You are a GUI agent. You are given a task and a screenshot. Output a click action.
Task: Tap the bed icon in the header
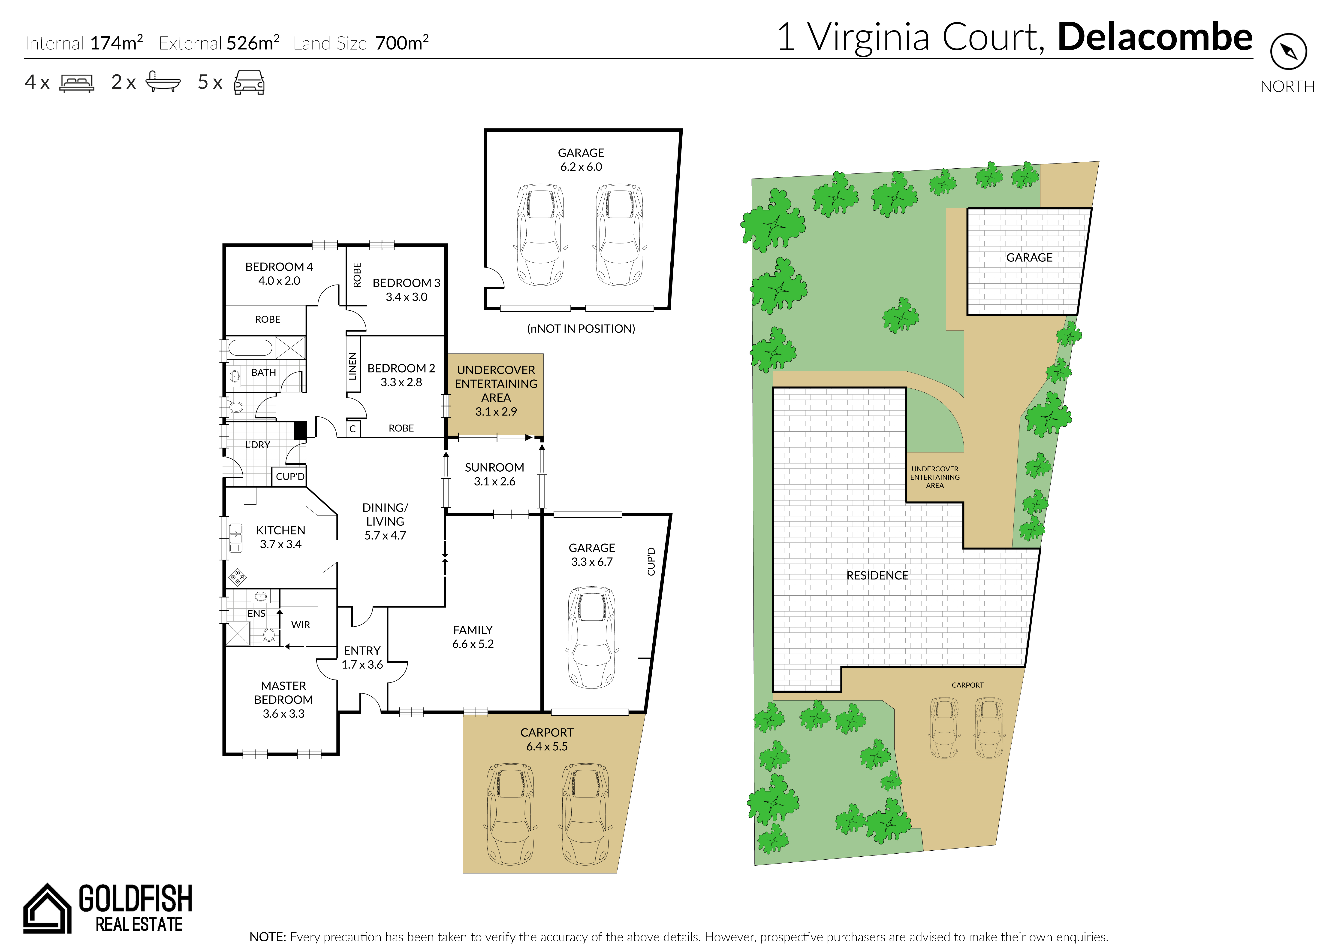[76, 83]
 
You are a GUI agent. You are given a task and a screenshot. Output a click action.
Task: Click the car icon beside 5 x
[249, 82]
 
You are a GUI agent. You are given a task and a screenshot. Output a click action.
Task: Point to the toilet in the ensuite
[269, 635]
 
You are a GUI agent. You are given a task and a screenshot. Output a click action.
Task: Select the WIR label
[301, 625]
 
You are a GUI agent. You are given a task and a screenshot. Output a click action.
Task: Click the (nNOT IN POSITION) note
[581, 328]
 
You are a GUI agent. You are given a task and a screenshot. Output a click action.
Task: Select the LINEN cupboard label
[352, 366]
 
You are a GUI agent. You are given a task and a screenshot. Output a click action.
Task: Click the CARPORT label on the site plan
[968, 685]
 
